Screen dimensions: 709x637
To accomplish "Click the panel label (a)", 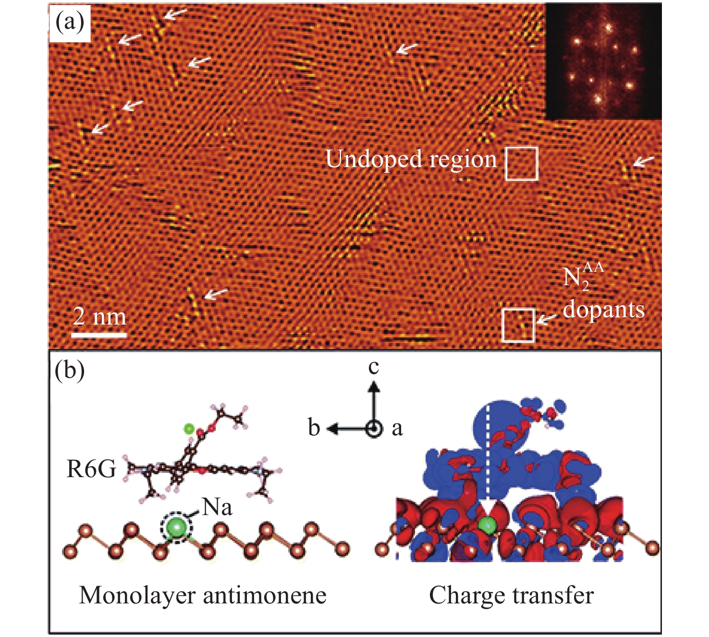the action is [x=70, y=23].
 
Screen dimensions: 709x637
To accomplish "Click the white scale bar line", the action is [x=99, y=335].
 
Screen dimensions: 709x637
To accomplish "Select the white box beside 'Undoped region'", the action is [x=522, y=164].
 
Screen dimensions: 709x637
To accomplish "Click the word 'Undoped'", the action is [x=374, y=159].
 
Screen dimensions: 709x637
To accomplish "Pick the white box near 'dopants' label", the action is [x=518, y=325].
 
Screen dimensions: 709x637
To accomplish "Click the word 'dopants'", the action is [x=603, y=310].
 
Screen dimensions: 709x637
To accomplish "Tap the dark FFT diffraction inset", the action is [x=604, y=62].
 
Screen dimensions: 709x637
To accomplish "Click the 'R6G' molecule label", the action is [x=91, y=469].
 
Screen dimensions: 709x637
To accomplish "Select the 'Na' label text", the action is [x=217, y=508].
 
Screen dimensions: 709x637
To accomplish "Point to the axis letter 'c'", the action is [x=374, y=367].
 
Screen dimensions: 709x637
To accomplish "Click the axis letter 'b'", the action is [x=314, y=428].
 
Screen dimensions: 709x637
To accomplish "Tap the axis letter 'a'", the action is [x=397, y=429].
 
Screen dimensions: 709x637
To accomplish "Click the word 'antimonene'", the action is [x=264, y=596].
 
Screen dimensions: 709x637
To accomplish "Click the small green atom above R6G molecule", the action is [x=189, y=429].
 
